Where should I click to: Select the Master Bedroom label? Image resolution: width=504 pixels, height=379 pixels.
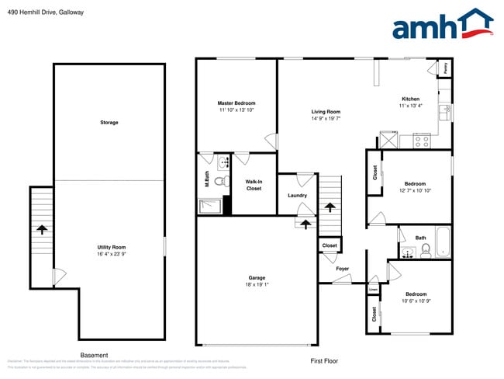click(x=236, y=103)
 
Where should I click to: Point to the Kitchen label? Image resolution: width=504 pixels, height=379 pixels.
click(x=410, y=99)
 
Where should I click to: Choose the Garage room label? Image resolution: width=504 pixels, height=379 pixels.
click(x=257, y=277)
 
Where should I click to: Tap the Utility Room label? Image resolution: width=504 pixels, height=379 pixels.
click(x=112, y=246)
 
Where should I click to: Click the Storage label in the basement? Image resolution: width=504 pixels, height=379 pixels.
click(x=109, y=123)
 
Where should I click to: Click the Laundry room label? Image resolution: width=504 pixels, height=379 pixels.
click(x=297, y=195)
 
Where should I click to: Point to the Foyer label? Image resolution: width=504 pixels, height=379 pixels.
click(x=342, y=269)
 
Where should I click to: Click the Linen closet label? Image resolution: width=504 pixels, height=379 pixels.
click(x=374, y=290)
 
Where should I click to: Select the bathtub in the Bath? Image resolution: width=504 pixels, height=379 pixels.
click(x=443, y=242)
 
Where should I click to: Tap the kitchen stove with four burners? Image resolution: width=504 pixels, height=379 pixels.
click(x=422, y=141)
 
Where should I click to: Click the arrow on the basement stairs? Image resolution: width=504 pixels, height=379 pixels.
click(x=40, y=229)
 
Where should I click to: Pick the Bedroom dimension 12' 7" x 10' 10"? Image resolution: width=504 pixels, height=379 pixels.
click(x=415, y=190)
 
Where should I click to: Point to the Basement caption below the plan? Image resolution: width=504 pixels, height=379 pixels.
click(x=94, y=354)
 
